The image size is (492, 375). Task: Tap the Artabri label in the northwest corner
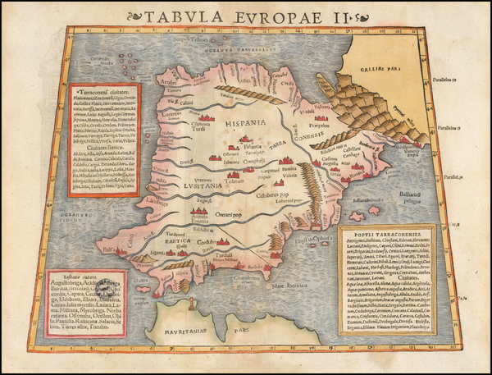(167, 82)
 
